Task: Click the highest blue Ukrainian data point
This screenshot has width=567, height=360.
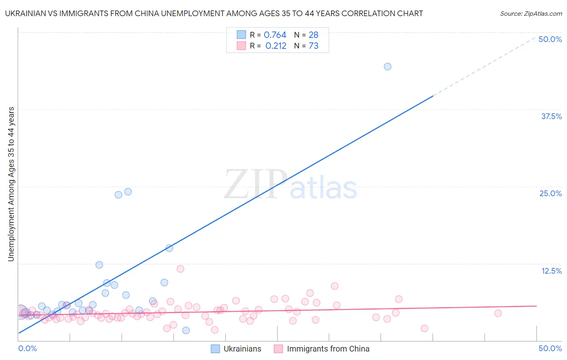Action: (388, 67)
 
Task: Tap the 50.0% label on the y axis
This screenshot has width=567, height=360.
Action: (550, 39)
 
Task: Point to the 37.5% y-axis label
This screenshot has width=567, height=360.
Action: (551, 116)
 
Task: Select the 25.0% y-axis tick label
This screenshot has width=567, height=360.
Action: (550, 193)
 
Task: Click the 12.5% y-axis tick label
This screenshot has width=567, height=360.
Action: (551, 271)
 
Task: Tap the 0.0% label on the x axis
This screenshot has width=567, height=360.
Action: (27, 348)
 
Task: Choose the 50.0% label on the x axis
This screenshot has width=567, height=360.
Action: (550, 348)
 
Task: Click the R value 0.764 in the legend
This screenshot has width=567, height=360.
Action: (275, 35)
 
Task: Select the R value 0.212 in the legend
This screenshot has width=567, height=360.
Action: (276, 46)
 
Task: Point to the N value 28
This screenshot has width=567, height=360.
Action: (313, 35)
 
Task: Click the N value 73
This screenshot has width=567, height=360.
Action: (313, 46)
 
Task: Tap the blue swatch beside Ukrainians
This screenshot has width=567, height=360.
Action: (215, 349)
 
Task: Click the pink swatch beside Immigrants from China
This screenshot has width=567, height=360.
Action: (278, 349)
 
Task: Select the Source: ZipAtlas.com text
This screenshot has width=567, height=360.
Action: (531, 14)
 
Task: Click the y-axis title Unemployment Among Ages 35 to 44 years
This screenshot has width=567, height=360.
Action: (11, 184)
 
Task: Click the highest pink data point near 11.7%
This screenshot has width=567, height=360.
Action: (180, 269)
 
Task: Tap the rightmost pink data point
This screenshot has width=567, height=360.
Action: (498, 313)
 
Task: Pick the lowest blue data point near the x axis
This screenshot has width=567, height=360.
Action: (186, 331)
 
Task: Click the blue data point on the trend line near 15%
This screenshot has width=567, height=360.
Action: (169, 248)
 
